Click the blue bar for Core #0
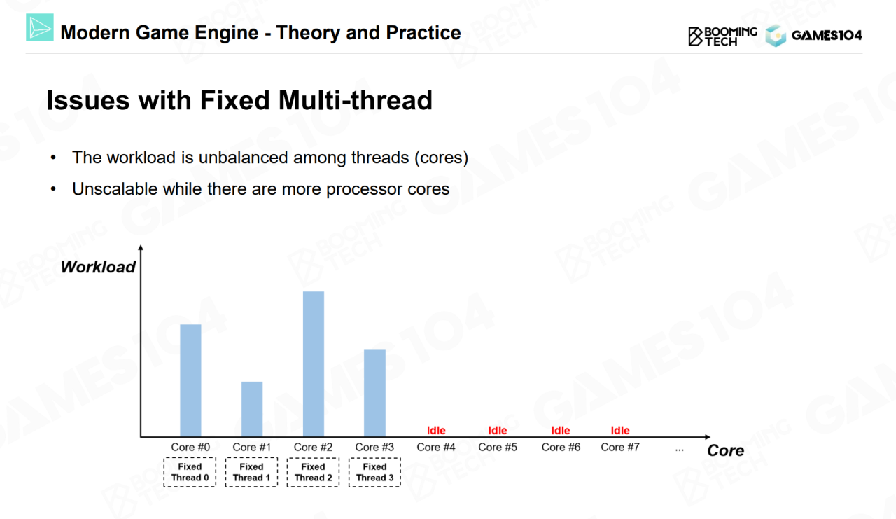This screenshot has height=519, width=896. pos(190,380)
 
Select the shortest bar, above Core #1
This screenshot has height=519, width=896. pos(252,409)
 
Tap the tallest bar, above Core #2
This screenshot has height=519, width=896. pos(314,364)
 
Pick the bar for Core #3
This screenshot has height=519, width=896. pos(374,392)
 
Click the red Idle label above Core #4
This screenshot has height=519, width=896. pos(436,430)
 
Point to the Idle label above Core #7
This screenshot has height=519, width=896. pos(620,430)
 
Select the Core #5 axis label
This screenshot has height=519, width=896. pos(498,447)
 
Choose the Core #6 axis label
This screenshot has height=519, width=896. pos(561,447)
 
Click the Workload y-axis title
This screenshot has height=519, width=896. pos(98,267)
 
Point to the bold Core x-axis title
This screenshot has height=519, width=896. pos(726,450)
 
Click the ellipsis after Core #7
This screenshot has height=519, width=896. pos(679,450)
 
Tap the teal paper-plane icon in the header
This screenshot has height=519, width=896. pos(40,27)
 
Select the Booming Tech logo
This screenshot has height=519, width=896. pos(722,36)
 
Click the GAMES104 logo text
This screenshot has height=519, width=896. pos(827,36)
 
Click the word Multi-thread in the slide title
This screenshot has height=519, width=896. pos(355,100)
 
